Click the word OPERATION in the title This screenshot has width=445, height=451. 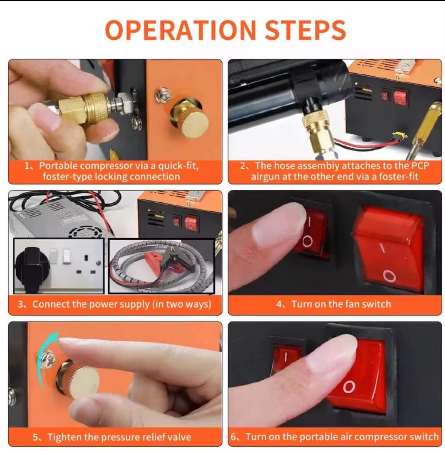[x=180, y=30]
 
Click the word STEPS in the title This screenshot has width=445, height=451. [x=305, y=30]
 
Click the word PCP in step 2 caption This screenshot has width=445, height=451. [x=420, y=166]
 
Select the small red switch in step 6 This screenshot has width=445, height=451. [x=286, y=358]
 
